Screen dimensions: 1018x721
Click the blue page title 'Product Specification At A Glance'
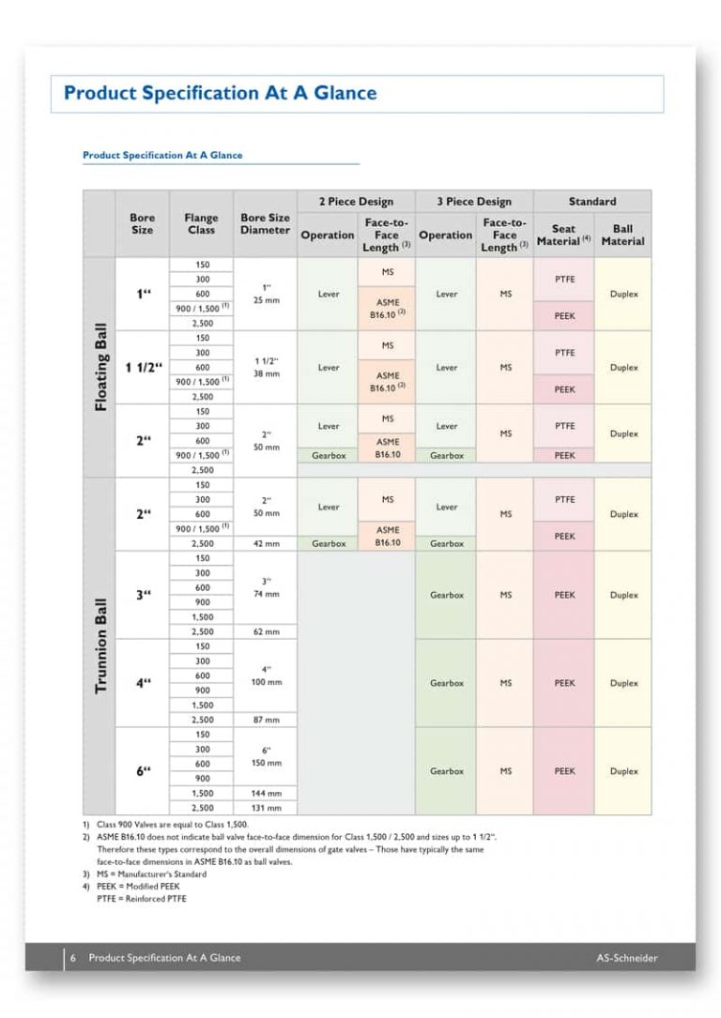[220, 93]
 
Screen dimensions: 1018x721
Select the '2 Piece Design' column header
[357, 201]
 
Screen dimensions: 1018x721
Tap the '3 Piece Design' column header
[474, 201]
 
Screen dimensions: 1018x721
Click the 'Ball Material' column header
[622, 235]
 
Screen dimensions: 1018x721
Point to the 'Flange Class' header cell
[201, 224]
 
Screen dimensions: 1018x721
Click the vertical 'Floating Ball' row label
[100, 368]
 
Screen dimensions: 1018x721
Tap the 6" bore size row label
[143, 771]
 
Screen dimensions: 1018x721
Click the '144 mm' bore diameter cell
[267, 793]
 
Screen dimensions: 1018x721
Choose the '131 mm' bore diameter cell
[267, 808]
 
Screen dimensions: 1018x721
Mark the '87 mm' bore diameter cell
[267, 720]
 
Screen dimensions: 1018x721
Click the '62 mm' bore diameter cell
[267, 632]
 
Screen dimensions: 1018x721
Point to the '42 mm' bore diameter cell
[267, 543]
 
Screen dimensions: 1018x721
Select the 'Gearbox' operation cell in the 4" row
[447, 683]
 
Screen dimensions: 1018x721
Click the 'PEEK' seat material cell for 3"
[564, 595]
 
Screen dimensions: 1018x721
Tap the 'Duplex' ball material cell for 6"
[623, 771]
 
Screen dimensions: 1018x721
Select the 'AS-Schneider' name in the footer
[627, 958]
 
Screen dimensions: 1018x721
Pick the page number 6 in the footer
[72, 958]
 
